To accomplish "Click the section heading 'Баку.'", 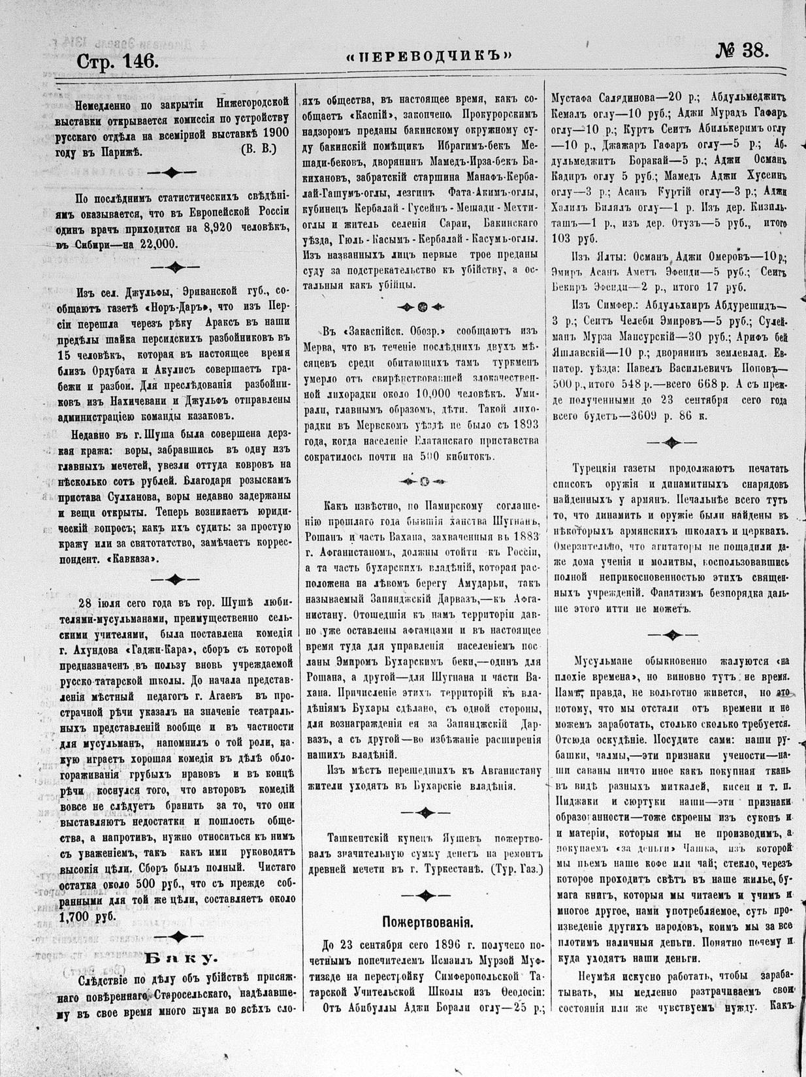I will tap(180, 958).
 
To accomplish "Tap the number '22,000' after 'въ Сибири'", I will tap(154, 243).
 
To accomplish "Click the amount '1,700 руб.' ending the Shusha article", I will tap(97, 916).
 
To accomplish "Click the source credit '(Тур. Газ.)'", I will tap(514, 869).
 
